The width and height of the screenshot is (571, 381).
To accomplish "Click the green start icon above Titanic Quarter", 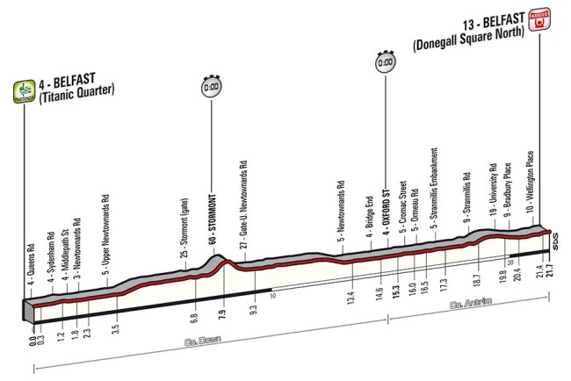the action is [x=21, y=90].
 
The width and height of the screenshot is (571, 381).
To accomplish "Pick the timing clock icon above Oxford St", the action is [x=384, y=64].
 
